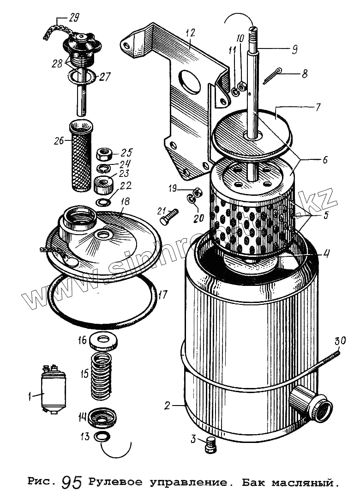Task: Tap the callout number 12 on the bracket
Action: [x=190, y=33]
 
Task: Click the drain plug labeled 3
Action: [x=210, y=444]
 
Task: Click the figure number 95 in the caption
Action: [x=72, y=483]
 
